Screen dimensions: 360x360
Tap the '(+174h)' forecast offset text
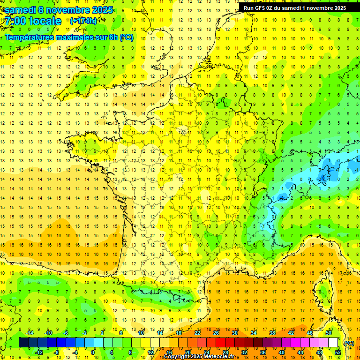click(83, 21)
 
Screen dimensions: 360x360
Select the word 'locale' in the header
click(45, 21)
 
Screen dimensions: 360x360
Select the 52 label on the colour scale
click(338, 352)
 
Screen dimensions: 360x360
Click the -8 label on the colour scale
click(57, 352)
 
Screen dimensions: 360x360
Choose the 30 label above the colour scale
click(234, 332)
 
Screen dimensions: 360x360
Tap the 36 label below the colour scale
click(262, 352)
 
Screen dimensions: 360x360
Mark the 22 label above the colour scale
click(197, 332)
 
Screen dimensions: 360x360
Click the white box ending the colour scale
click(333, 342)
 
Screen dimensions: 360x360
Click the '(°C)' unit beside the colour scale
click(349, 343)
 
